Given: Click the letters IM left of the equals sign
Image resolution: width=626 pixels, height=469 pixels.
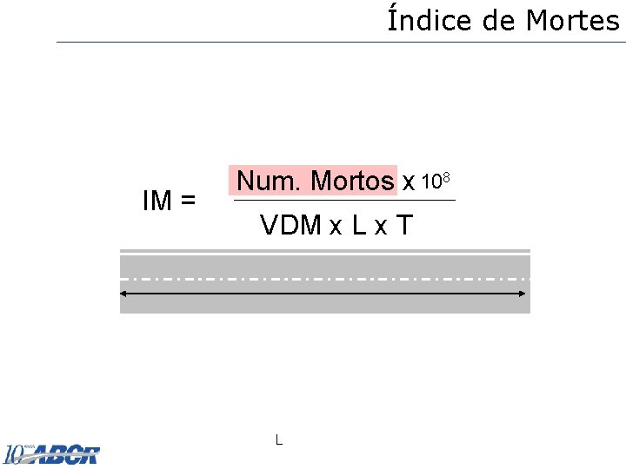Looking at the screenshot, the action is pos(157,201).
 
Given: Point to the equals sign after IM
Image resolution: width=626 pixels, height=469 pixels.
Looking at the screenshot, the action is pos(187,202).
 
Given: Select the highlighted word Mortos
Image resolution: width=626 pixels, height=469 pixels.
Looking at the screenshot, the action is pos(351,181).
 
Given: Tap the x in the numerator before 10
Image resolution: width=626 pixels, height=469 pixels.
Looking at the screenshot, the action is pos(408,182).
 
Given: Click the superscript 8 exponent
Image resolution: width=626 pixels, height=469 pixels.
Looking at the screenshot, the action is pos(445,177).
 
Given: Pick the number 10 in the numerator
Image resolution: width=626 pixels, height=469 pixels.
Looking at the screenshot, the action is pos(430,182).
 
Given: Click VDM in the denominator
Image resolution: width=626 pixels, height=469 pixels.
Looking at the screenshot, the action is pos(290,226).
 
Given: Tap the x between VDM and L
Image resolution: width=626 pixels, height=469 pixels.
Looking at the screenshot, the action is pos(335,228).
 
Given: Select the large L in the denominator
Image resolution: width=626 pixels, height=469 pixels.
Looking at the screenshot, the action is pos(358,226).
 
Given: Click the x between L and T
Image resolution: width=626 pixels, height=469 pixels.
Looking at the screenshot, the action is pos(381,228).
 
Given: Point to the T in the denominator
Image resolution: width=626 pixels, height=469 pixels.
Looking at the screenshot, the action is pos(403,226).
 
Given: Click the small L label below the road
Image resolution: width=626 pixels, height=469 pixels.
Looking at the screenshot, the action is pos(278,439).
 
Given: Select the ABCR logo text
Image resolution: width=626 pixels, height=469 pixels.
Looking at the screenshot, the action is pos(65,454).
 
